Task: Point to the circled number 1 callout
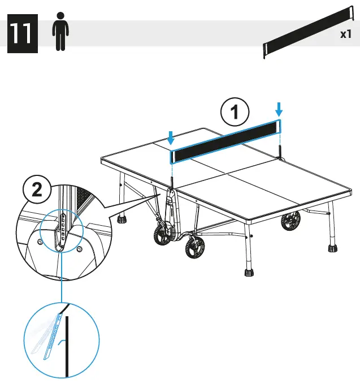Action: click(x=235, y=113)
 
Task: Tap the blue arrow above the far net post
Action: click(x=278, y=109)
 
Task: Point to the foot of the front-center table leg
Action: click(x=249, y=272)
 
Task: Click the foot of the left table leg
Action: click(x=121, y=218)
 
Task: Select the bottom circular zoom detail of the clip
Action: click(x=61, y=339)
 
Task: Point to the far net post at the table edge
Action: click(x=279, y=150)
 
